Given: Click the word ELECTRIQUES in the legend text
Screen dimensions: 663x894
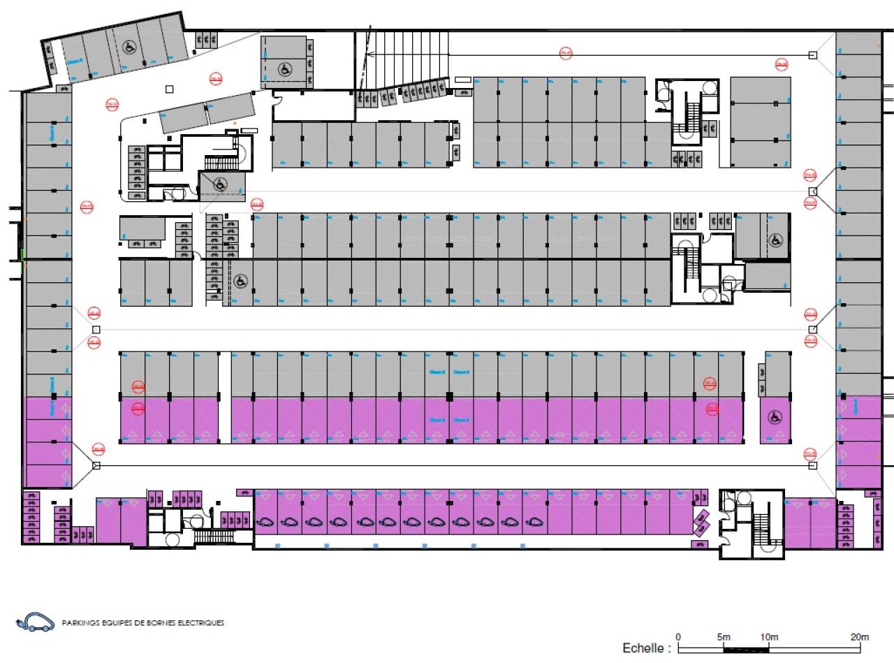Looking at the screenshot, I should (x=204, y=623).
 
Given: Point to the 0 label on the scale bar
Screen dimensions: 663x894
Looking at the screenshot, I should (x=680, y=636).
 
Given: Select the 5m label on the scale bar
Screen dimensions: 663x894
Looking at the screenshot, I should (x=724, y=636).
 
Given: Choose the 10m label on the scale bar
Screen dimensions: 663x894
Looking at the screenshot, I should (x=768, y=636).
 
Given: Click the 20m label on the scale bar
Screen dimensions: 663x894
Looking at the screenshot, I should (x=859, y=636).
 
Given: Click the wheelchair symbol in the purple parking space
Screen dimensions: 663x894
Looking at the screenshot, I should (x=774, y=417).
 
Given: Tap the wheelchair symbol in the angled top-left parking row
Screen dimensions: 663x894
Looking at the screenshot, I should (x=129, y=48).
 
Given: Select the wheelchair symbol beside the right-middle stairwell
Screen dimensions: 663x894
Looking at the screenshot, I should (x=775, y=240).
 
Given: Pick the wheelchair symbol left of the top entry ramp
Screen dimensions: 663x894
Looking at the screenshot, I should (x=284, y=69).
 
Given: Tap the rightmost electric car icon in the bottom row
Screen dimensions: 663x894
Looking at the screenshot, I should (x=533, y=521).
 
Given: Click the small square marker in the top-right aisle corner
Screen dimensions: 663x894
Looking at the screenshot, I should (x=812, y=54).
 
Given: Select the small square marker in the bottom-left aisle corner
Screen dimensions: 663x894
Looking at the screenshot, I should (x=96, y=465).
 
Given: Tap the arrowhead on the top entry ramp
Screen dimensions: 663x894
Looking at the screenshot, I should (x=371, y=54).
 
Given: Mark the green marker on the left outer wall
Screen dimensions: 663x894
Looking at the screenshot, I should (x=22, y=254).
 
